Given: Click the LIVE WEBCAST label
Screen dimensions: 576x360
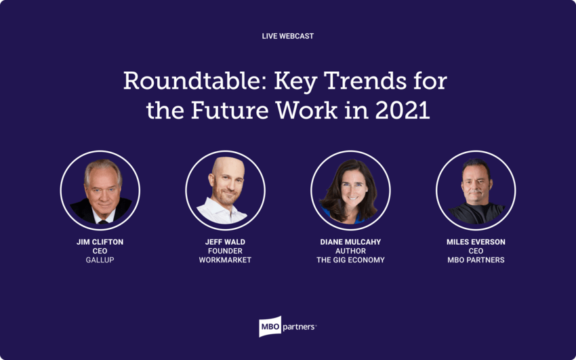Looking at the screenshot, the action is [x=287, y=36].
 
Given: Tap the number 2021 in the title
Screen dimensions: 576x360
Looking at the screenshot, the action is [x=403, y=110].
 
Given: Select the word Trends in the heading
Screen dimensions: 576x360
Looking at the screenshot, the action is [x=365, y=81].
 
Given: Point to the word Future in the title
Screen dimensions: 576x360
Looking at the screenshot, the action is [x=229, y=110].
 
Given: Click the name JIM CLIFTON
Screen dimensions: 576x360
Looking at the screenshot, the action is [x=100, y=242].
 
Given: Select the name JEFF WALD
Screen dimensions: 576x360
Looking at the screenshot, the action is [x=225, y=242].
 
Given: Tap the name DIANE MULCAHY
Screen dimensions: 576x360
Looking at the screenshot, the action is [x=350, y=242].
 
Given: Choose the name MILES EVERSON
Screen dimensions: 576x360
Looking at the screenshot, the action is [x=476, y=242].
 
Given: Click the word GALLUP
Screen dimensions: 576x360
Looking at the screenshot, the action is [x=100, y=260].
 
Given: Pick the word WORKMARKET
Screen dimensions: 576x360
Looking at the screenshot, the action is [x=225, y=260].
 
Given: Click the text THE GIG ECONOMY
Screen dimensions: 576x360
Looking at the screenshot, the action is [x=350, y=260].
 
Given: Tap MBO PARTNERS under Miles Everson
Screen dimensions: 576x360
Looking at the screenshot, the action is [x=476, y=260].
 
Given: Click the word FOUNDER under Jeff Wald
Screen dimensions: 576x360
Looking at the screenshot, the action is [x=225, y=251].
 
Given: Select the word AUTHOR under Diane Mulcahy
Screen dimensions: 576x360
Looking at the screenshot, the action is [x=350, y=251].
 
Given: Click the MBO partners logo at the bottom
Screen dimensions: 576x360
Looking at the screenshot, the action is [x=287, y=326].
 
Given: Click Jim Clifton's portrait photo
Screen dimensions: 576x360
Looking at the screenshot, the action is [x=100, y=191].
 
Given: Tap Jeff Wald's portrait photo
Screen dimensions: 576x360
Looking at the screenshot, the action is [x=225, y=191].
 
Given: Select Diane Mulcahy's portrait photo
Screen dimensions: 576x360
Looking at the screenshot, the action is [x=350, y=191].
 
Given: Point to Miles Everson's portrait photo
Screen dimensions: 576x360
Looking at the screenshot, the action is [x=476, y=191].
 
